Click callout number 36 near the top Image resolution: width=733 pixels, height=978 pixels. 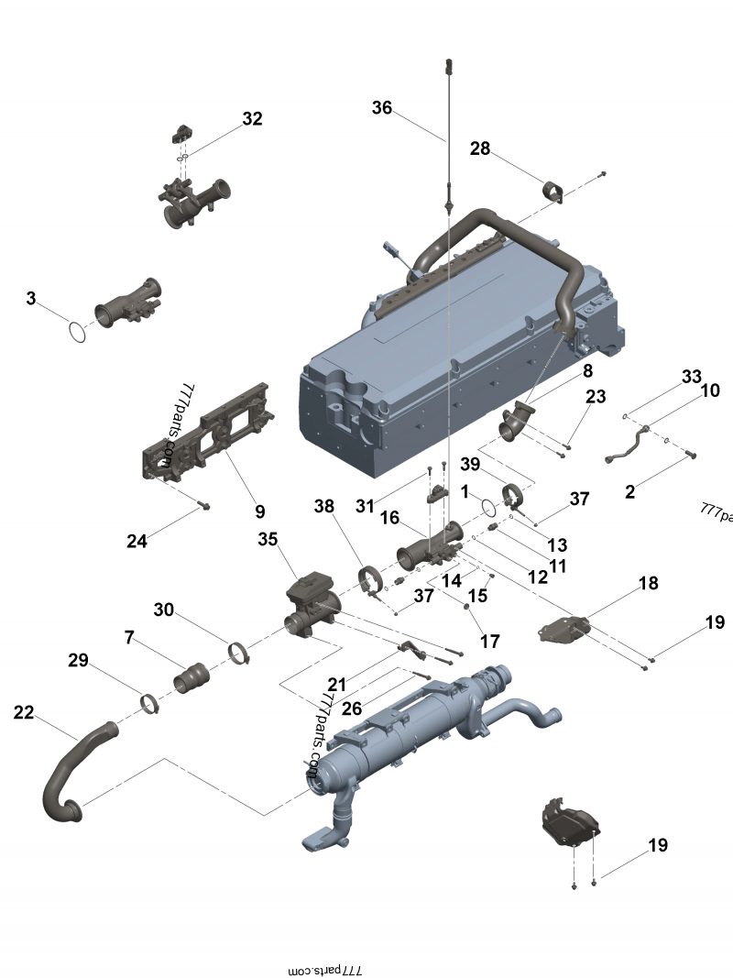381,108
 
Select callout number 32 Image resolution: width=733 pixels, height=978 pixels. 252,119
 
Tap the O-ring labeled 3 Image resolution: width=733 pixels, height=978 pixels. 79,332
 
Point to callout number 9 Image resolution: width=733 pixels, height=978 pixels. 259,511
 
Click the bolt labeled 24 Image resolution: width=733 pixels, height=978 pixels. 203,505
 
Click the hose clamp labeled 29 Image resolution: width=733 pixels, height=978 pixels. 151,704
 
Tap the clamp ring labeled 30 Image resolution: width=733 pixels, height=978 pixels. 239,654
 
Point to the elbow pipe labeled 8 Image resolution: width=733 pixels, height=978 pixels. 517,423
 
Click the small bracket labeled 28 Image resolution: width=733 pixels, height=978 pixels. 553,192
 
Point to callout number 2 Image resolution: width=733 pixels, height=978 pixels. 629,492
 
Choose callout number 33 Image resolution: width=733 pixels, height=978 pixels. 691,378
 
